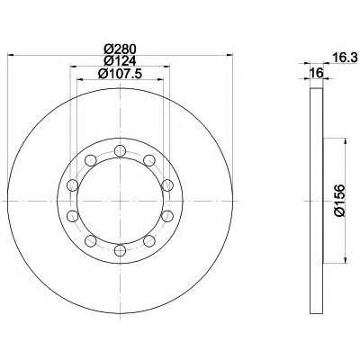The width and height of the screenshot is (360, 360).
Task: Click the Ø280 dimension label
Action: click(x=120, y=49)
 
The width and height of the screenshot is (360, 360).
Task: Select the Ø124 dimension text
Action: click(x=120, y=61)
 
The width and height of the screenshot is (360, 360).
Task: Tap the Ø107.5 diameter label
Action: click(x=120, y=74)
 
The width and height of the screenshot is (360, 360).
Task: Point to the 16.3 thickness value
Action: click(x=346, y=58)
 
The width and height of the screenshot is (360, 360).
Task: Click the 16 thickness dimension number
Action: click(x=317, y=73)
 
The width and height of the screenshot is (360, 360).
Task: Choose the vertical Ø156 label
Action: click(x=339, y=201)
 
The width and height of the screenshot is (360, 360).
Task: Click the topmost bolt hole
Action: click(x=120, y=151)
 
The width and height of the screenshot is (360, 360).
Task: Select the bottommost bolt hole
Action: click(x=120, y=250)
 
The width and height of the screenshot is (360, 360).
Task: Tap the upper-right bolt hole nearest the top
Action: click(x=149, y=160)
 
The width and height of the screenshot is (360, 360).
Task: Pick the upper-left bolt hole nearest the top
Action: click(x=91, y=160)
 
